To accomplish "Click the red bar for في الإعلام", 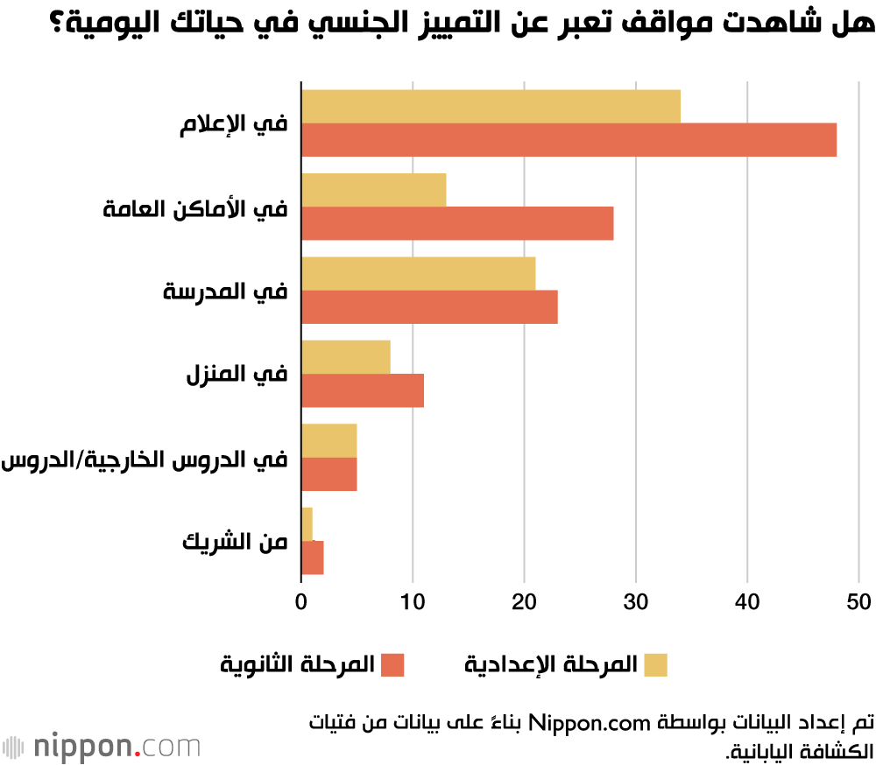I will click(x=569, y=140).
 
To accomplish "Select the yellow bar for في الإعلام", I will click(x=491, y=107).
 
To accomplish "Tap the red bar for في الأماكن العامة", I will click(x=457, y=223).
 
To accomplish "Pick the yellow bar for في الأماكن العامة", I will click(x=374, y=190).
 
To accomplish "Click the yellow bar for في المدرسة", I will click(x=418, y=273).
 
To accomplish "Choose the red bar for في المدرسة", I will click(x=429, y=306).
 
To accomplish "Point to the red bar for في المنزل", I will click(x=363, y=390).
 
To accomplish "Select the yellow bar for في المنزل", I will click(x=346, y=356).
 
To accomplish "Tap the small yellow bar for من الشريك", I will click(x=307, y=524).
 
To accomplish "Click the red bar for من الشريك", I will click(x=313, y=558).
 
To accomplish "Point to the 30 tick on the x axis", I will click(x=635, y=602).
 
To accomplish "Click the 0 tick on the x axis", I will click(x=301, y=602).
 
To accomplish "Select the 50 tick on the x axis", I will click(x=858, y=602).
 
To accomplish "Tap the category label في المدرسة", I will click(x=225, y=291).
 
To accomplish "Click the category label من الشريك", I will click(x=235, y=542).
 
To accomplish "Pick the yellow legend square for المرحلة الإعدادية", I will click(x=655, y=665).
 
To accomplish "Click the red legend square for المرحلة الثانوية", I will click(x=392, y=665).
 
